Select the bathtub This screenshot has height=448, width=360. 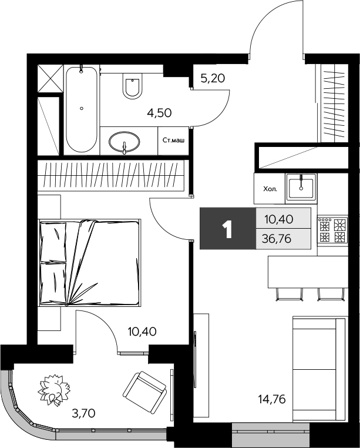tap(82, 109)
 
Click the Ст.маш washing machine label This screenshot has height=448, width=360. tap(174, 141)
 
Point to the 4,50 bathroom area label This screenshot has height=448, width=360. tap(159, 113)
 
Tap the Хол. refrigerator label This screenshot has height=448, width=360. tap(270, 189)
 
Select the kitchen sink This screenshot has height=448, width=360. tap(301, 186)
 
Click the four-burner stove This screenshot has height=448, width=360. tap(332, 230)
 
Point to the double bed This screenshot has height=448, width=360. tap(90, 262)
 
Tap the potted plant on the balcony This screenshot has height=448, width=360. tap(55, 390)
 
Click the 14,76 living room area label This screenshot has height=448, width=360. tap(271, 401)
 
